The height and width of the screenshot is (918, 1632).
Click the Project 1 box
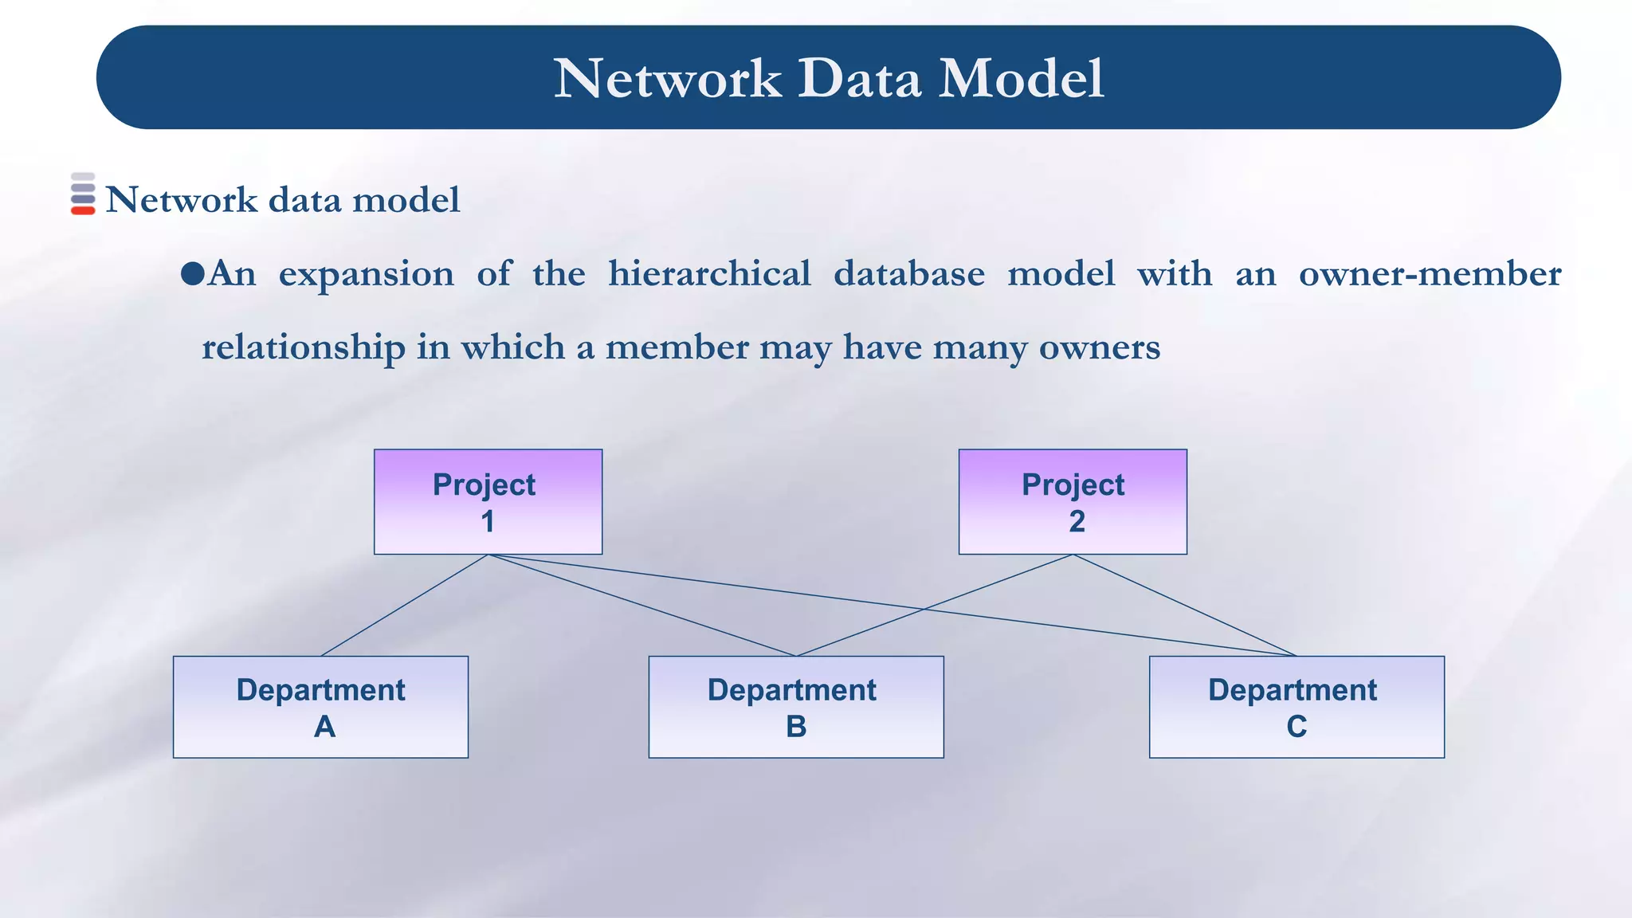tap(488, 502)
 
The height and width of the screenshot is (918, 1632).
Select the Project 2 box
tap(1073, 502)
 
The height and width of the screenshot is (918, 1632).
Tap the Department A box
tap(320, 707)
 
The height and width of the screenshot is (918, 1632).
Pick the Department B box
tap(796, 707)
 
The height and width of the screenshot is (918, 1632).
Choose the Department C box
tap(1297, 707)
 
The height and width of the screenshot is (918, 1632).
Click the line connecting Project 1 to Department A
tap(405, 606)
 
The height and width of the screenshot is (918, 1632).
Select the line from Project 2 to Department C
tap(1185, 606)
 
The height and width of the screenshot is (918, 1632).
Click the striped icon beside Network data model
tap(83, 194)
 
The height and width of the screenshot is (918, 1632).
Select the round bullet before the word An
tap(192, 274)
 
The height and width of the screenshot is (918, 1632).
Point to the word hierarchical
tap(709, 273)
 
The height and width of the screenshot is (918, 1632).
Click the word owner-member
tap(1430, 273)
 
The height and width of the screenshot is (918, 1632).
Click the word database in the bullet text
tap(909, 273)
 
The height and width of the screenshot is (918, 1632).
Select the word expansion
tap(366, 275)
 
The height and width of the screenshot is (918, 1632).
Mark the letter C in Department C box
tap(1297, 727)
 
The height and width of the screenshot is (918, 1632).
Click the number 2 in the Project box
tap(1077, 522)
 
